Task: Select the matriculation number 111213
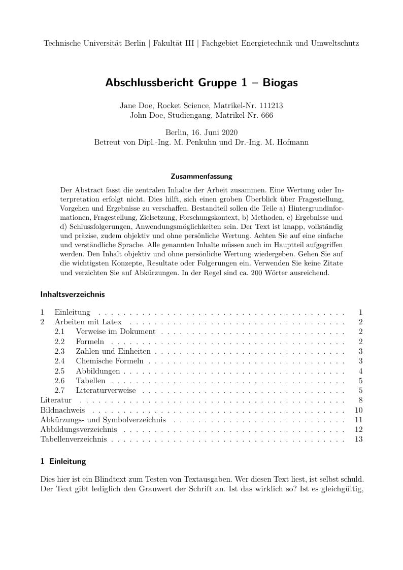[271, 106]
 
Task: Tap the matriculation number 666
[266, 115]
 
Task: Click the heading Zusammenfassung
[201, 177]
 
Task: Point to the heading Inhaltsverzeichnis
[72, 294]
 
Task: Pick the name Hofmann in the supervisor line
[290, 142]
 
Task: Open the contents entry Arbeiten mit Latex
[88, 322]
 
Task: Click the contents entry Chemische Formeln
[110, 361]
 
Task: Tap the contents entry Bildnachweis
[62, 410]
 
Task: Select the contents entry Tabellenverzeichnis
[74, 439]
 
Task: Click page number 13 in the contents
[359, 439]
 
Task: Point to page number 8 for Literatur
[360, 400]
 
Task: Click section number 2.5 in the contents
[60, 371]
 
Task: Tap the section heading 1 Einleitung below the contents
[63, 461]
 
